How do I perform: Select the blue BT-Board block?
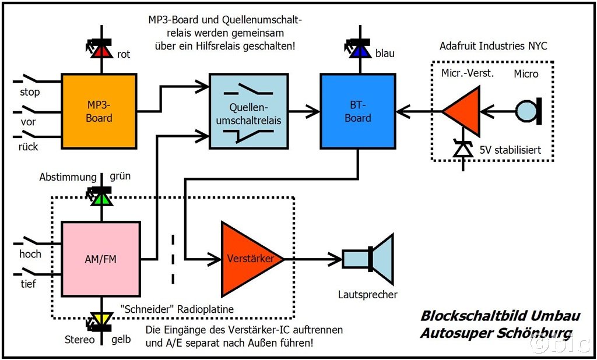click(357, 111)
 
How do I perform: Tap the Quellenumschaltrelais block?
click(248, 111)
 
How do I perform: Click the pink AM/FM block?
click(100, 259)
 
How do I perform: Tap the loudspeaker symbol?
click(369, 259)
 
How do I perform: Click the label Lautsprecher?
click(367, 294)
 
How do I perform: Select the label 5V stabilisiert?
click(511, 150)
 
